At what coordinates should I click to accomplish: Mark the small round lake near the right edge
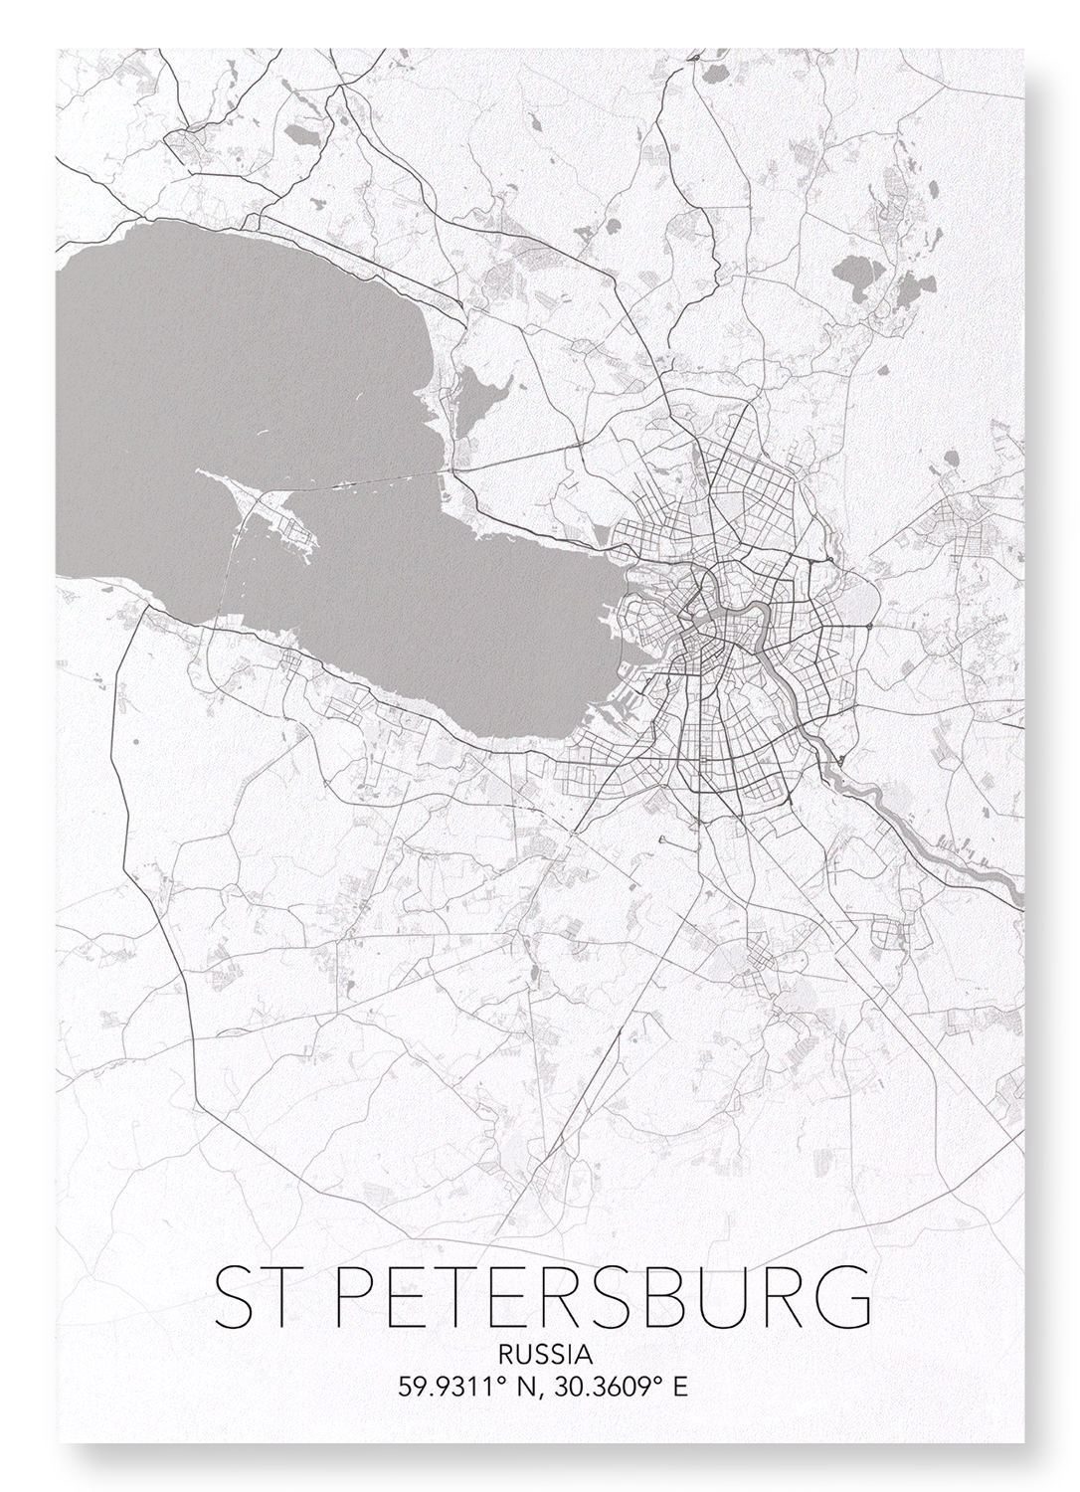(951, 460)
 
